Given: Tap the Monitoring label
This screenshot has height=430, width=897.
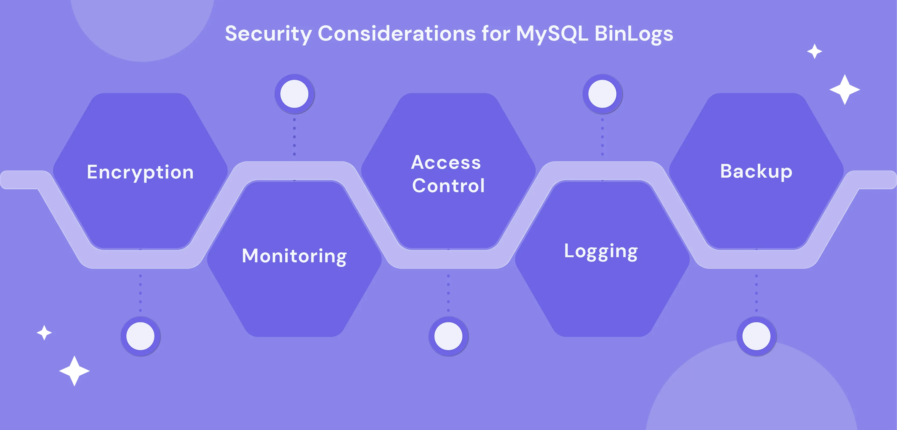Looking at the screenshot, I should (294, 256).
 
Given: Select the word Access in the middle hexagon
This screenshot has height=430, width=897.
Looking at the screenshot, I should (446, 163).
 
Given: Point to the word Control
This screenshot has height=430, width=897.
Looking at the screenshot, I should (448, 185).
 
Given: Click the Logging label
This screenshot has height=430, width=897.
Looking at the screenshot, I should (601, 251).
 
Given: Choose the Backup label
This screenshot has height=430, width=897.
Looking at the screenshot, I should (756, 171).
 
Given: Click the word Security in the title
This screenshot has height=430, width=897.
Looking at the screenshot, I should (268, 34).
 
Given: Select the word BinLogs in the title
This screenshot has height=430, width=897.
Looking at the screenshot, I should (634, 34).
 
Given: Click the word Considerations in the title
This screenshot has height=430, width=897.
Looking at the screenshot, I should (397, 34).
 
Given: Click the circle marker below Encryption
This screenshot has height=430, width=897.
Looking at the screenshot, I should (140, 336).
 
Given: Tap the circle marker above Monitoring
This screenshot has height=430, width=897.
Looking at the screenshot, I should (295, 94).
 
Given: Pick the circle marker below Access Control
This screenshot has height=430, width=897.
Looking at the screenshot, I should (448, 336).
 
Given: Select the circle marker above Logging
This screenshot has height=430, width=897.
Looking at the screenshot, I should (602, 94).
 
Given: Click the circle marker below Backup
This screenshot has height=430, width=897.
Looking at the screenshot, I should (756, 336).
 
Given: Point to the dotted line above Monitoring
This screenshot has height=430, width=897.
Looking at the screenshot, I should (295, 137).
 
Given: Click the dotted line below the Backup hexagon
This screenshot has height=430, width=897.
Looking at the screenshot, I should (756, 293).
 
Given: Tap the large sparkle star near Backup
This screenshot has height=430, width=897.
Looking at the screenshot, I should (845, 89).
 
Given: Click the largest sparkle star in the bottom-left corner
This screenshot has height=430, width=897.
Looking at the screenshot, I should (75, 371).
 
